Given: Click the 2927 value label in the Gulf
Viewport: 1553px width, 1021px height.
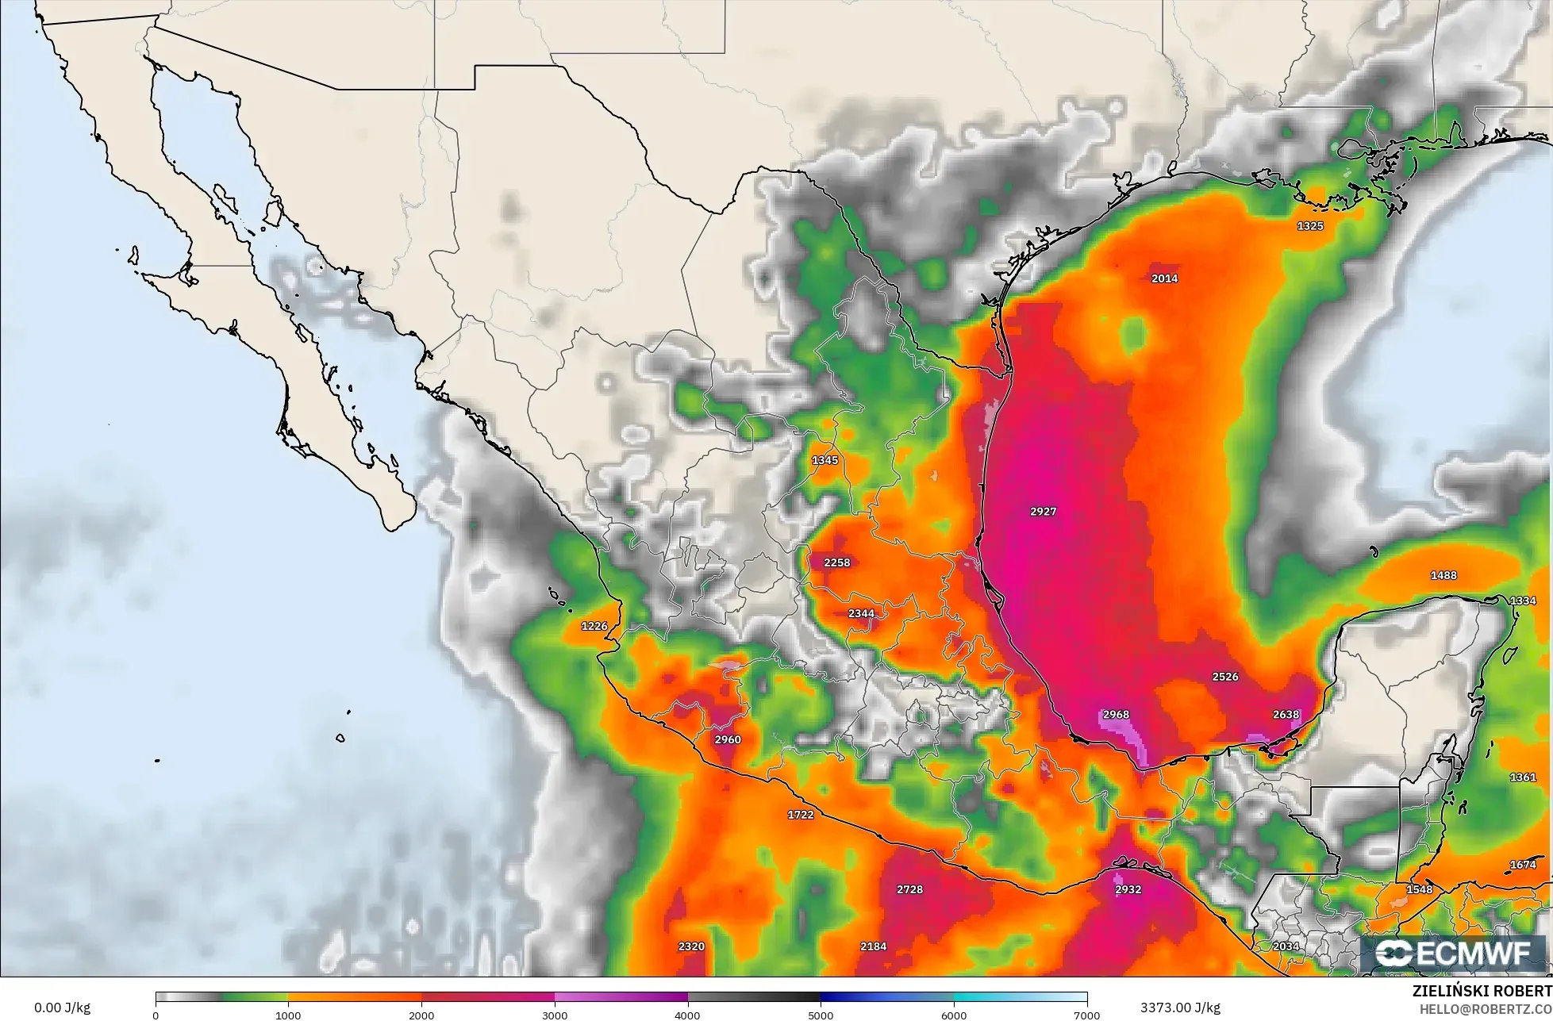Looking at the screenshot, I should [x=1043, y=512].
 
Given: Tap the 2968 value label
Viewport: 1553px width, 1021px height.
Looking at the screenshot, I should [x=1116, y=714].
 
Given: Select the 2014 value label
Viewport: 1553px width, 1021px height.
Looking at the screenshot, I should [x=1164, y=278].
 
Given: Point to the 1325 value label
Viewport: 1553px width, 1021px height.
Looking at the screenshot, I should [x=1310, y=226].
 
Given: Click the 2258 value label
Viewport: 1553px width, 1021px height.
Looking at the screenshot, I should [x=836, y=562].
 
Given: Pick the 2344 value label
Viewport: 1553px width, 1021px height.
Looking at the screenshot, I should [x=861, y=613].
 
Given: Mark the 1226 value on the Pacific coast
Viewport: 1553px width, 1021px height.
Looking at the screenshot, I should [x=594, y=626].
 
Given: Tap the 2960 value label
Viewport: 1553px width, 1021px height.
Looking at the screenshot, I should [x=728, y=739].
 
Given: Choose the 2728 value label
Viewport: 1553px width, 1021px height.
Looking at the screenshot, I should [x=909, y=889].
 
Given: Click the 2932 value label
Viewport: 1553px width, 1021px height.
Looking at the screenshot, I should [x=1128, y=889].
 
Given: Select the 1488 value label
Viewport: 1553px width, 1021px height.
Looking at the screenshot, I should [x=1443, y=575].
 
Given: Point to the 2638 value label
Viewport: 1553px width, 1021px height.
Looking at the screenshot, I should [x=1286, y=714].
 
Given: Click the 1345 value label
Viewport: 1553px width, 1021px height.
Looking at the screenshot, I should [x=825, y=460].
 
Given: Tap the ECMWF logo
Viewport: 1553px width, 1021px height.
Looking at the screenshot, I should [x=1455, y=954].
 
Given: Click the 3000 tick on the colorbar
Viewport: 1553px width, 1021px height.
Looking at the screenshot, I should [x=555, y=1015].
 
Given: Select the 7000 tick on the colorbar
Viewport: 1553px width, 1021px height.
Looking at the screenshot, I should [x=1086, y=1015].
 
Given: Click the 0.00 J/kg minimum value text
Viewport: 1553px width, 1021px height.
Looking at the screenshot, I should [x=62, y=1008].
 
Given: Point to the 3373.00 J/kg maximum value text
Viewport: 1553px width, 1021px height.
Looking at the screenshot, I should [x=1180, y=1008].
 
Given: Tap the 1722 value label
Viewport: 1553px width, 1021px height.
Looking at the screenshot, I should [x=800, y=815].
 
